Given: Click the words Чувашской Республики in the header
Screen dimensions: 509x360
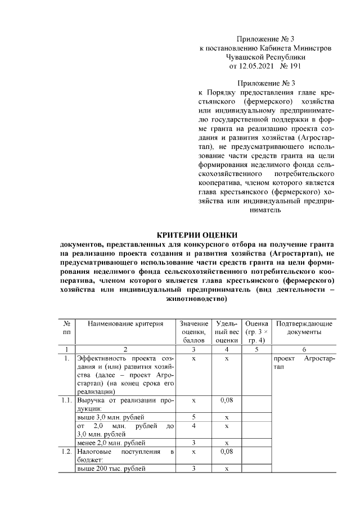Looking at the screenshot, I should (265, 57).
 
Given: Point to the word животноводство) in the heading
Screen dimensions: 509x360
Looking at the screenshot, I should (197, 299).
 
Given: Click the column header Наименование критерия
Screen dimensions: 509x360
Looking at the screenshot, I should (125, 324).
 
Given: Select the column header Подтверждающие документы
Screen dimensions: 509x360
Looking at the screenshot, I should (304, 328).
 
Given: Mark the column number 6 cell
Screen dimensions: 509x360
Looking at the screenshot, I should (304, 349).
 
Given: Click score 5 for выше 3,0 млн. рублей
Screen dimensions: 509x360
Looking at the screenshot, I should (193, 417).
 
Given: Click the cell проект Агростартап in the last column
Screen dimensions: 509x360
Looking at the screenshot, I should (304, 362).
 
